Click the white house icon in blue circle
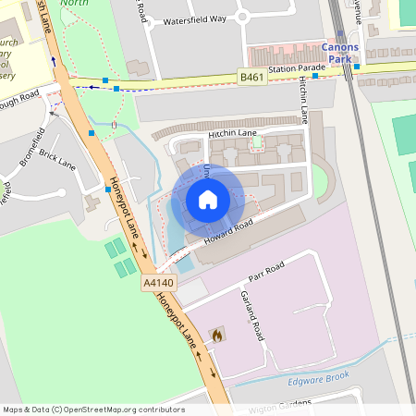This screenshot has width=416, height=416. click(208, 199)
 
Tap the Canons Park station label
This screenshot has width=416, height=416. click(340, 54)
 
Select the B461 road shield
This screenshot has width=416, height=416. click(251, 77)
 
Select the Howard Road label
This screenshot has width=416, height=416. click(229, 235)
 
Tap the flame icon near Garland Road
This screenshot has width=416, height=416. click(217, 335)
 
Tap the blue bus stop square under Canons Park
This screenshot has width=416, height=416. click(356, 67)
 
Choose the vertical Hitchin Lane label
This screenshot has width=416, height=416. click(302, 100)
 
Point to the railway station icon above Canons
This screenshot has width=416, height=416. click(340, 34)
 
